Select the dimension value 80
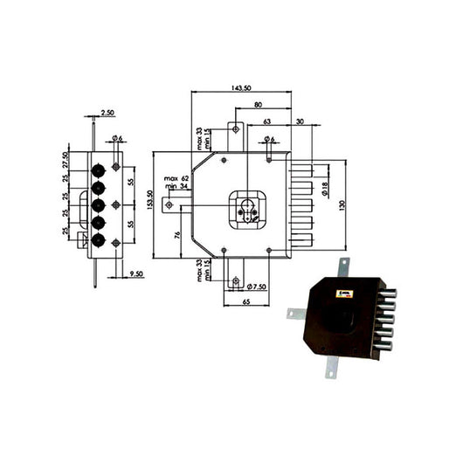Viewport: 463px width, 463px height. pos(259,105)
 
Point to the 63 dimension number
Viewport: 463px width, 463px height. pos(266,121)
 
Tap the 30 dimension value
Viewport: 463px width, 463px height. pos(300,121)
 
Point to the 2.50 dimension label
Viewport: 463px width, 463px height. pos(107,113)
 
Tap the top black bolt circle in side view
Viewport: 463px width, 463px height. pos(98,167)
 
